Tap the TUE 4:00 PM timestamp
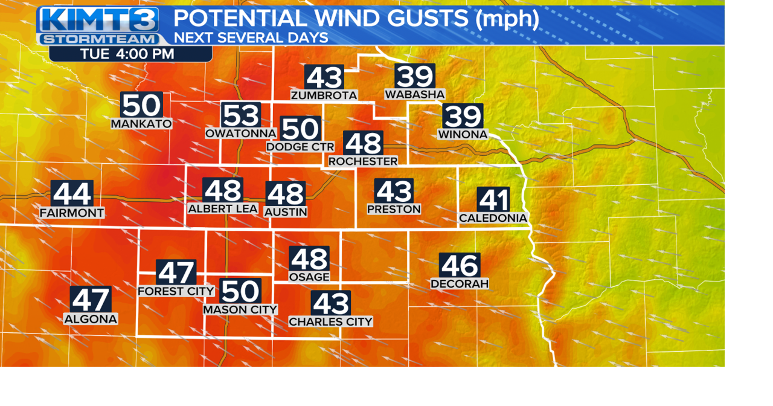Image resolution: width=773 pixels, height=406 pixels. (127, 54)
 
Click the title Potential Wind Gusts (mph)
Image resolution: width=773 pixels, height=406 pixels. (356, 18)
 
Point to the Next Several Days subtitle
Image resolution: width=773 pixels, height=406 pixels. (251, 37)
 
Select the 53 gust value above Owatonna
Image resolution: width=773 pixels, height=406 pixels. (240, 115)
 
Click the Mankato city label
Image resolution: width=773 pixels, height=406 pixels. (141, 124)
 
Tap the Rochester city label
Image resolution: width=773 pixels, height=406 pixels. (363, 161)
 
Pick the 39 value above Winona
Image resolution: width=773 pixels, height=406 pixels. (463, 116)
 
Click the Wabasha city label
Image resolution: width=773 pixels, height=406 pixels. (415, 94)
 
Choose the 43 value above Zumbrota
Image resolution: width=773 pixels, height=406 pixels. (324, 77)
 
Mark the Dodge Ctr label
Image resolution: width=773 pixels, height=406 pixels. (300, 147)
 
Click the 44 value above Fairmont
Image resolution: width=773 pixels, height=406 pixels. (72, 194)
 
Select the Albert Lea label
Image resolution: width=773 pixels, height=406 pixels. (223, 208)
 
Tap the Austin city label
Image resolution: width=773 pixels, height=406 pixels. (286, 212)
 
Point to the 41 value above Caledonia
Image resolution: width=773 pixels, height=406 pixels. (493, 200)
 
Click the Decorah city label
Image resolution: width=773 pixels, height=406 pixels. (460, 283)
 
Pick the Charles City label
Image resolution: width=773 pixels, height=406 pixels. (330, 322)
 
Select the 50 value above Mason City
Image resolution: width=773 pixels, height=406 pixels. (240, 291)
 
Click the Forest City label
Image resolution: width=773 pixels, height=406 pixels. (176, 291)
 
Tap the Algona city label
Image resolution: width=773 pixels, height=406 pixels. (91, 318)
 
